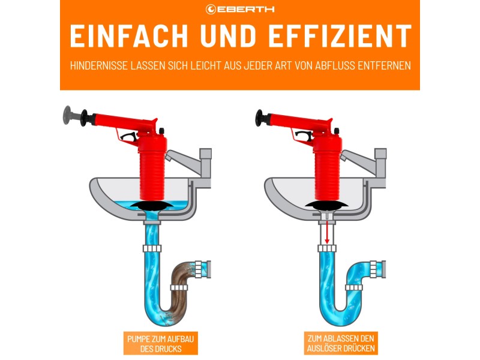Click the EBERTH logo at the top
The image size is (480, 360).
[x=240, y=9]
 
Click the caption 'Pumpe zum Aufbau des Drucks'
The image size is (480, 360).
[x=160, y=343]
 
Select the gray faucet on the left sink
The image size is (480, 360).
[x=191, y=161]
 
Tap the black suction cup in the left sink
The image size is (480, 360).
[x=155, y=206]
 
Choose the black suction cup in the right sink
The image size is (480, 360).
[x=327, y=205]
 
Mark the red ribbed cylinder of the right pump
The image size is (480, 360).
[x=328, y=174]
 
